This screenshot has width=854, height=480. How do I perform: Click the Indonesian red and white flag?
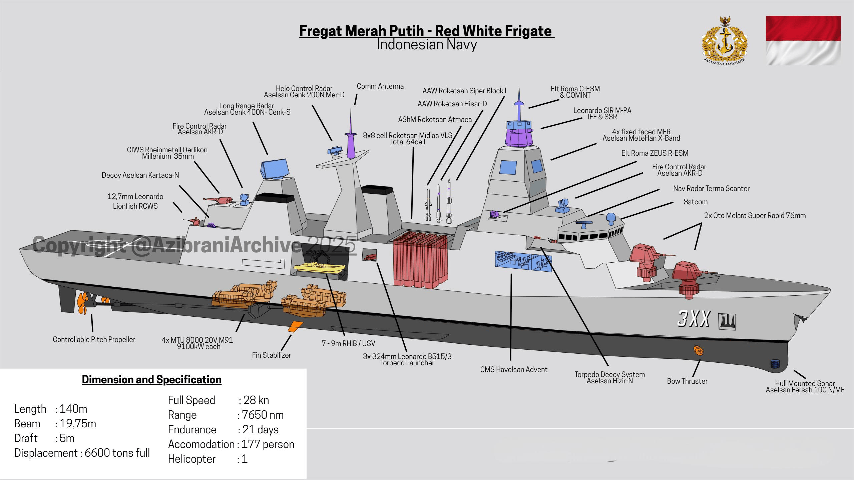click(x=803, y=40)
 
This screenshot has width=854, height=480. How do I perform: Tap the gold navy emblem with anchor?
click(x=725, y=43)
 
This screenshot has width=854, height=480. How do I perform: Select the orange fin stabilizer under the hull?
click(x=295, y=327)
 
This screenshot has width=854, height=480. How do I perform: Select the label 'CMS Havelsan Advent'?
click(x=514, y=369)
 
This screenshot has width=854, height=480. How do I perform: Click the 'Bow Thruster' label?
click(x=687, y=381)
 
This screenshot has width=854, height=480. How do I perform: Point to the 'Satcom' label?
click(x=696, y=202)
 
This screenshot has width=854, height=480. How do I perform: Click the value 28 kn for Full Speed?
click(x=256, y=400)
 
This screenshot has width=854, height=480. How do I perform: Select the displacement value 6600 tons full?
click(x=117, y=453)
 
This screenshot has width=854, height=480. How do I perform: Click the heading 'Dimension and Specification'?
click(x=152, y=380)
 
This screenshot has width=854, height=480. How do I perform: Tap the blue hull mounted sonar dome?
click(x=775, y=364)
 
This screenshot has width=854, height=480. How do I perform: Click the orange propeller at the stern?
click(x=82, y=303)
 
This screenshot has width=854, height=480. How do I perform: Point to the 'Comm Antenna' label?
click(x=380, y=86)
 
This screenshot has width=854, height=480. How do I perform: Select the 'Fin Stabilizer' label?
click(x=272, y=355)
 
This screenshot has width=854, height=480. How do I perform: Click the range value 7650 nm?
click(x=263, y=415)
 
